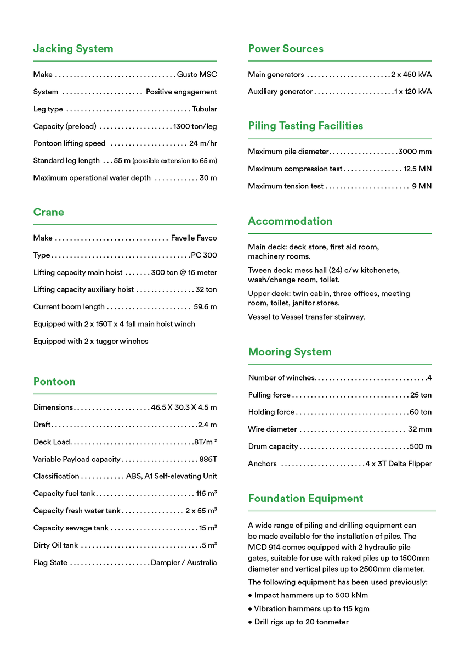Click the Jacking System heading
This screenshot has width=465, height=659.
tap(73, 49)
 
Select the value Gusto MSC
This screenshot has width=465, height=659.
tap(197, 75)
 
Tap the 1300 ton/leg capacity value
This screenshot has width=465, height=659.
tap(195, 126)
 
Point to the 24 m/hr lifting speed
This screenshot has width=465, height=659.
tap(203, 144)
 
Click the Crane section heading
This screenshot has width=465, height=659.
tap(48, 212)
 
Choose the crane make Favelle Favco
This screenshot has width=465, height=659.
tap(194, 238)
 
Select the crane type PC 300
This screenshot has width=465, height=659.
tap(203, 255)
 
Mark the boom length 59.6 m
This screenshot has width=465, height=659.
tap(205, 307)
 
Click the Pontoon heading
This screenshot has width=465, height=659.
tap(54, 382)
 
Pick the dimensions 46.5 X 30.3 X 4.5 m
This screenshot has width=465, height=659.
tap(184, 407)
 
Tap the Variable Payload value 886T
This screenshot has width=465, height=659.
tap(208, 459)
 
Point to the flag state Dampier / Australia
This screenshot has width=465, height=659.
tap(184, 563)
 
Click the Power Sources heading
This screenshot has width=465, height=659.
tap(286, 49)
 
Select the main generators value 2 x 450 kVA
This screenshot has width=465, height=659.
tap(411, 75)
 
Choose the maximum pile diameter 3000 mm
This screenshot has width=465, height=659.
tap(415, 152)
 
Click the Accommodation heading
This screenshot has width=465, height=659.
tap(290, 221)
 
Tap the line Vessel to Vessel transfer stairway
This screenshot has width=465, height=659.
tap(306, 317)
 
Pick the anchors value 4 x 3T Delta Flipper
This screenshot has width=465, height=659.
tap(399, 464)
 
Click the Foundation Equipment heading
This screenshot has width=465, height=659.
tap(305, 499)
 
